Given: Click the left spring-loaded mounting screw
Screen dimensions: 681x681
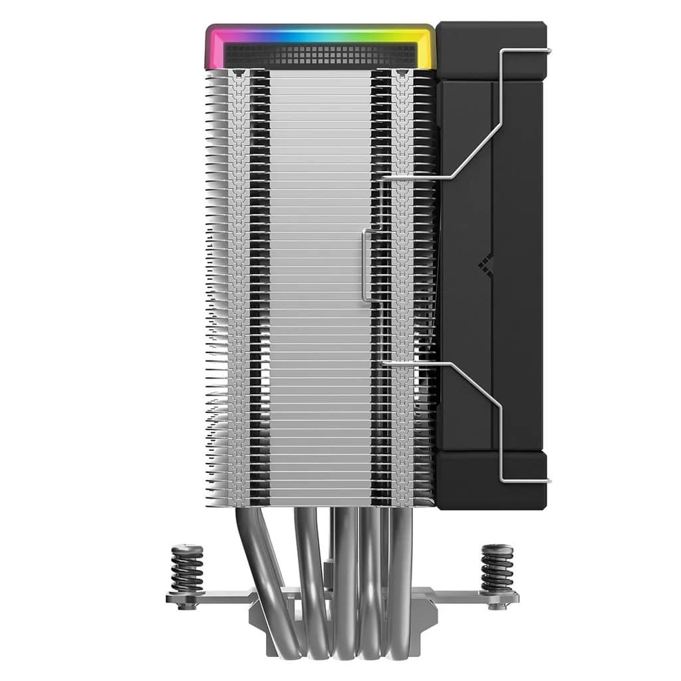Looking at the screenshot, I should point(187,568).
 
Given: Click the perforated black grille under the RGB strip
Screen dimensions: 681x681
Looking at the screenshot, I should point(319,56).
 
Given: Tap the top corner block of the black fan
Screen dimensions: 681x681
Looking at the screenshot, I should point(491,51).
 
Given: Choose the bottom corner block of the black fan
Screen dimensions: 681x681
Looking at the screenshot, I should point(491,480).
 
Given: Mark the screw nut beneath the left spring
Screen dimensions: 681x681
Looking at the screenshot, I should point(187,605).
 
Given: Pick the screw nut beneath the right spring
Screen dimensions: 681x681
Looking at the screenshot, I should point(497,605).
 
